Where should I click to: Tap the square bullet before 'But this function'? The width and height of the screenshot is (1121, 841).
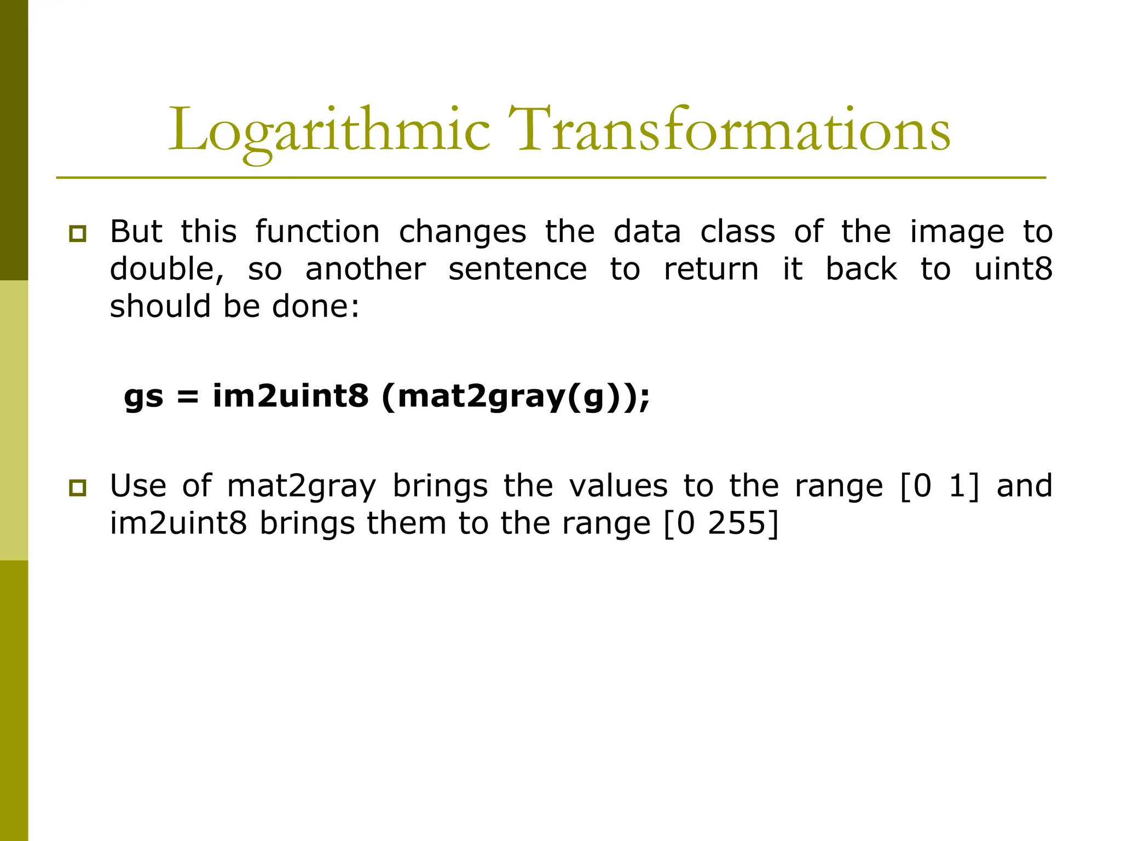[78, 234]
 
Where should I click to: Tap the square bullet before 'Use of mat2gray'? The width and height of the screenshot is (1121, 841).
[78, 488]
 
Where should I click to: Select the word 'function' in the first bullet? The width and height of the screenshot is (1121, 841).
[317, 232]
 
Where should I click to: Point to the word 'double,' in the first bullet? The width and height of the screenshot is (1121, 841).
[167, 269]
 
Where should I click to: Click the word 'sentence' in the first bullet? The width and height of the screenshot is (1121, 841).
[518, 269]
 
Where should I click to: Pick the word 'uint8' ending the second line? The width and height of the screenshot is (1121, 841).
[1013, 269]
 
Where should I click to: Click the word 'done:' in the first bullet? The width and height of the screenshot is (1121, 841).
[316, 306]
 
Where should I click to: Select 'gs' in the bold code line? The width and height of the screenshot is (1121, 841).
[144, 396]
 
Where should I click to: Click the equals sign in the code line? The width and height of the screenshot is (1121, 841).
[188, 396]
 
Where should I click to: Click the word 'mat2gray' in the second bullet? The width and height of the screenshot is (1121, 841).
[302, 487]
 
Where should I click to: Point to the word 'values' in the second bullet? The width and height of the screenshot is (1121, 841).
[619, 486]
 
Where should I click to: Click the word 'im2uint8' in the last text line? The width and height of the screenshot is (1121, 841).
[178, 523]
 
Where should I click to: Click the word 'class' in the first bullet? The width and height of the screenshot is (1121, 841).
[738, 232]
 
